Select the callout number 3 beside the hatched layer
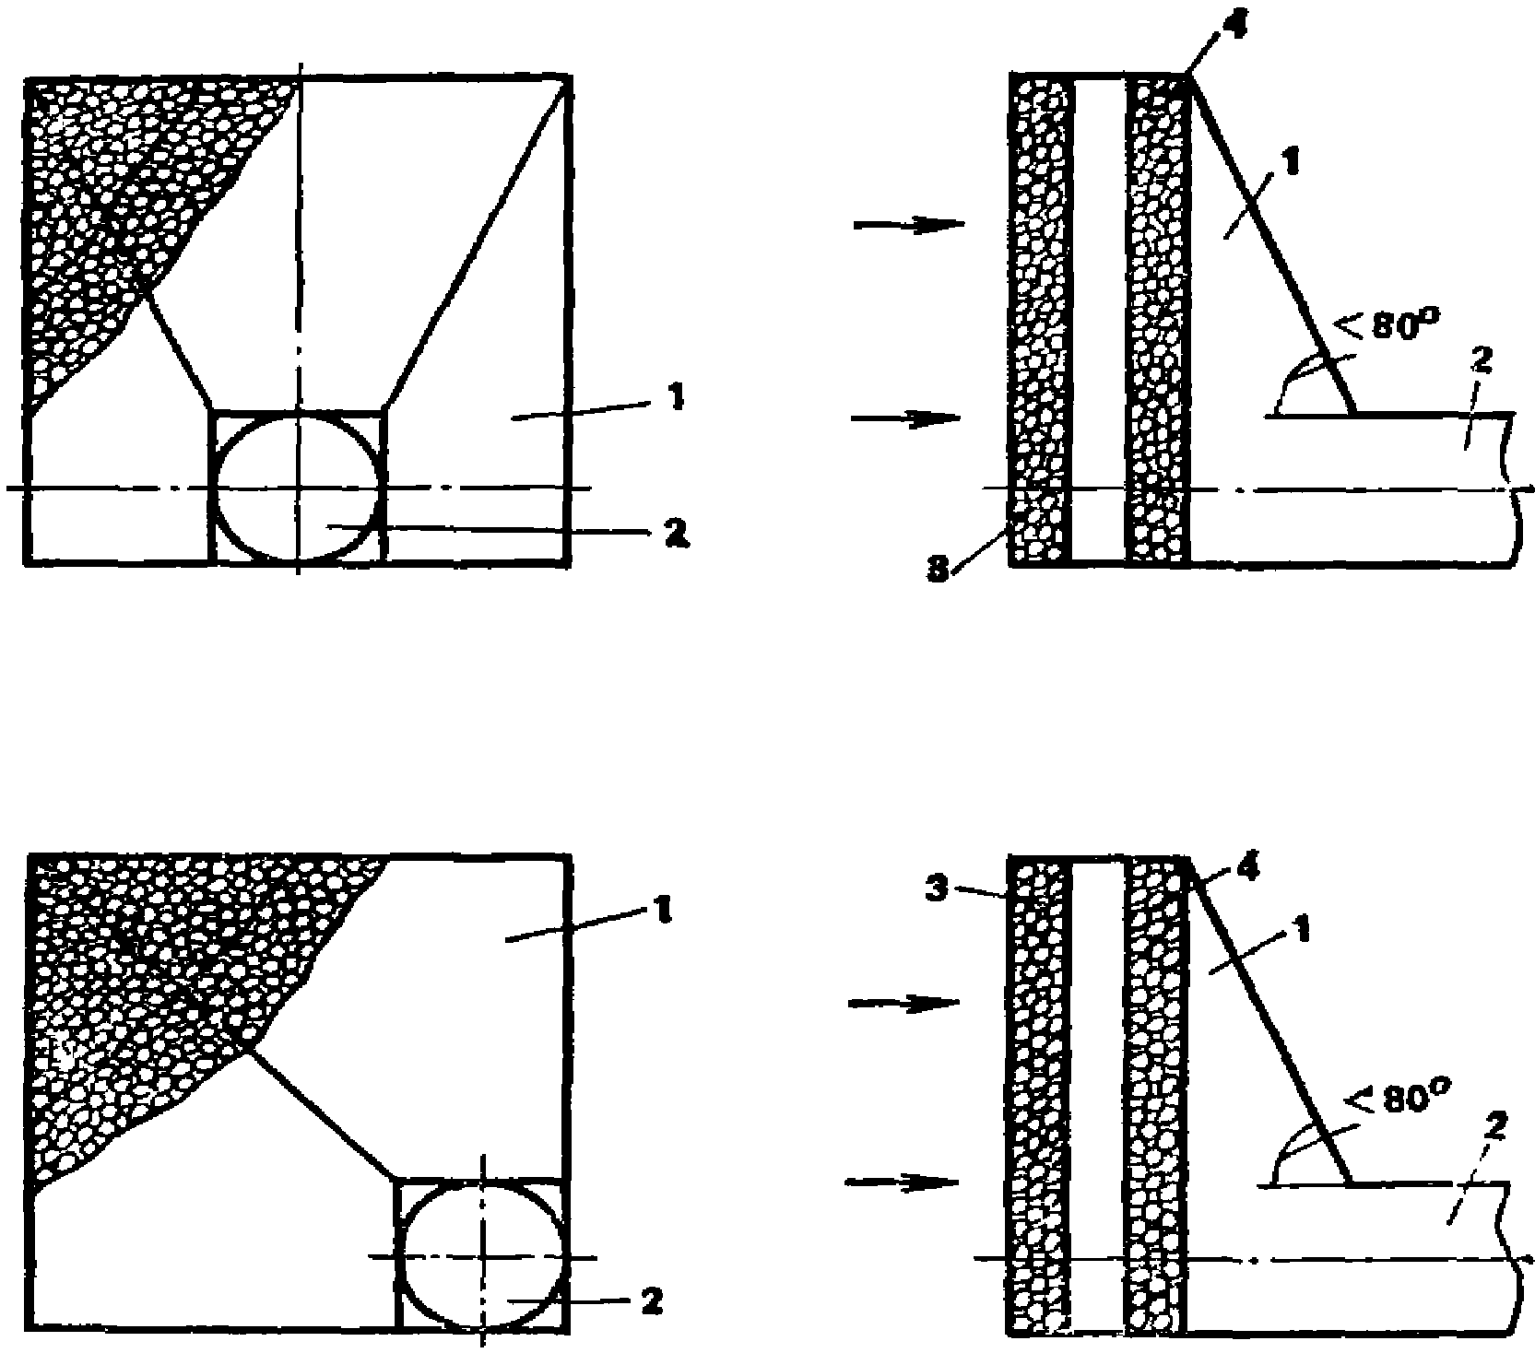coord(937,893)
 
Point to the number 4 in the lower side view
coord(1250,867)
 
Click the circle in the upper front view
coord(297,486)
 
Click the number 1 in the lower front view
coord(664,912)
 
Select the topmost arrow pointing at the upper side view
coord(908,225)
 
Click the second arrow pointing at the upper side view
coord(908,419)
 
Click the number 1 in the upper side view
coord(1292,163)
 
